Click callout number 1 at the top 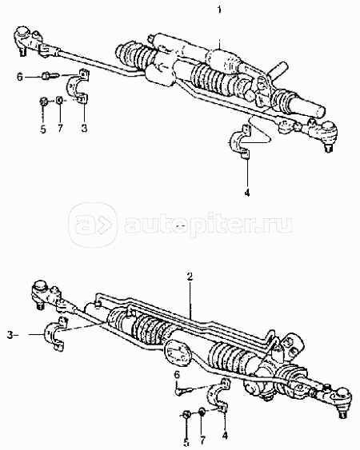(x=219, y=10)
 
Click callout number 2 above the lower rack (x=190, y=277)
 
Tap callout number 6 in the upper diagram (x=20, y=77)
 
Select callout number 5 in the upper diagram (x=43, y=129)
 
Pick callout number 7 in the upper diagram (x=60, y=128)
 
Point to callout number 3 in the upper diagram (x=84, y=128)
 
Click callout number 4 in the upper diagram (x=247, y=193)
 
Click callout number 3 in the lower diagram (x=10, y=335)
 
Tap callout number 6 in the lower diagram (x=178, y=374)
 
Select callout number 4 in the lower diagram (x=225, y=436)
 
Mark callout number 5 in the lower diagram (x=186, y=443)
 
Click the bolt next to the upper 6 (x=50, y=77)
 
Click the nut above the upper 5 (x=43, y=101)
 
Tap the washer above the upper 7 (x=59, y=100)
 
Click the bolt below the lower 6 (x=182, y=391)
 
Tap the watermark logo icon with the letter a (x=93, y=225)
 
